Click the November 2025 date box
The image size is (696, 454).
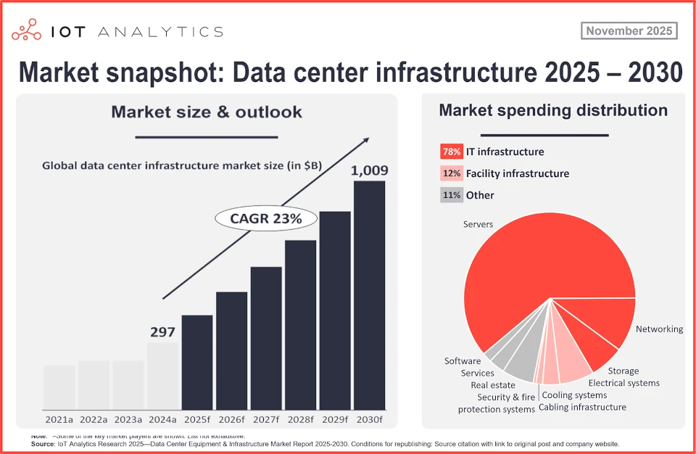pyautogui.click(x=629, y=31)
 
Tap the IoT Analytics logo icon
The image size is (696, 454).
pyautogui.click(x=28, y=30)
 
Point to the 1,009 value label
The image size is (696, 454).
pyautogui.click(x=369, y=171)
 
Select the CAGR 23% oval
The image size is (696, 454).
pyautogui.click(x=257, y=218)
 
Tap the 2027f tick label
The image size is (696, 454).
pyautogui.click(x=266, y=420)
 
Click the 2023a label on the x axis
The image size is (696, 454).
pyautogui.click(x=128, y=420)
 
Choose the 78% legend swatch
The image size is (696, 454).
pyautogui.click(x=451, y=152)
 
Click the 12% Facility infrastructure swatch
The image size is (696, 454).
pyautogui.click(x=451, y=173)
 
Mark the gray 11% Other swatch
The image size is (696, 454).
pyautogui.click(x=451, y=195)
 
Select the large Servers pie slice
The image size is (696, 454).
pyautogui.click(x=536, y=276)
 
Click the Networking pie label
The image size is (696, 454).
pyautogui.click(x=659, y=329)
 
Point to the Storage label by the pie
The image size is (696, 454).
pyautogui.click(x=623, y=371)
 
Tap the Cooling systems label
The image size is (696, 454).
pyautogui.click(x=575, y=395)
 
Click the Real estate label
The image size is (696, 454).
pyautogui.click(x=493, y=385)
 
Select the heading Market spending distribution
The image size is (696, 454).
pyautogui.click(x=553, y=111)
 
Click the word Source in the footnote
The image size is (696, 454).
pyautogui.click(x=43, y=443)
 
